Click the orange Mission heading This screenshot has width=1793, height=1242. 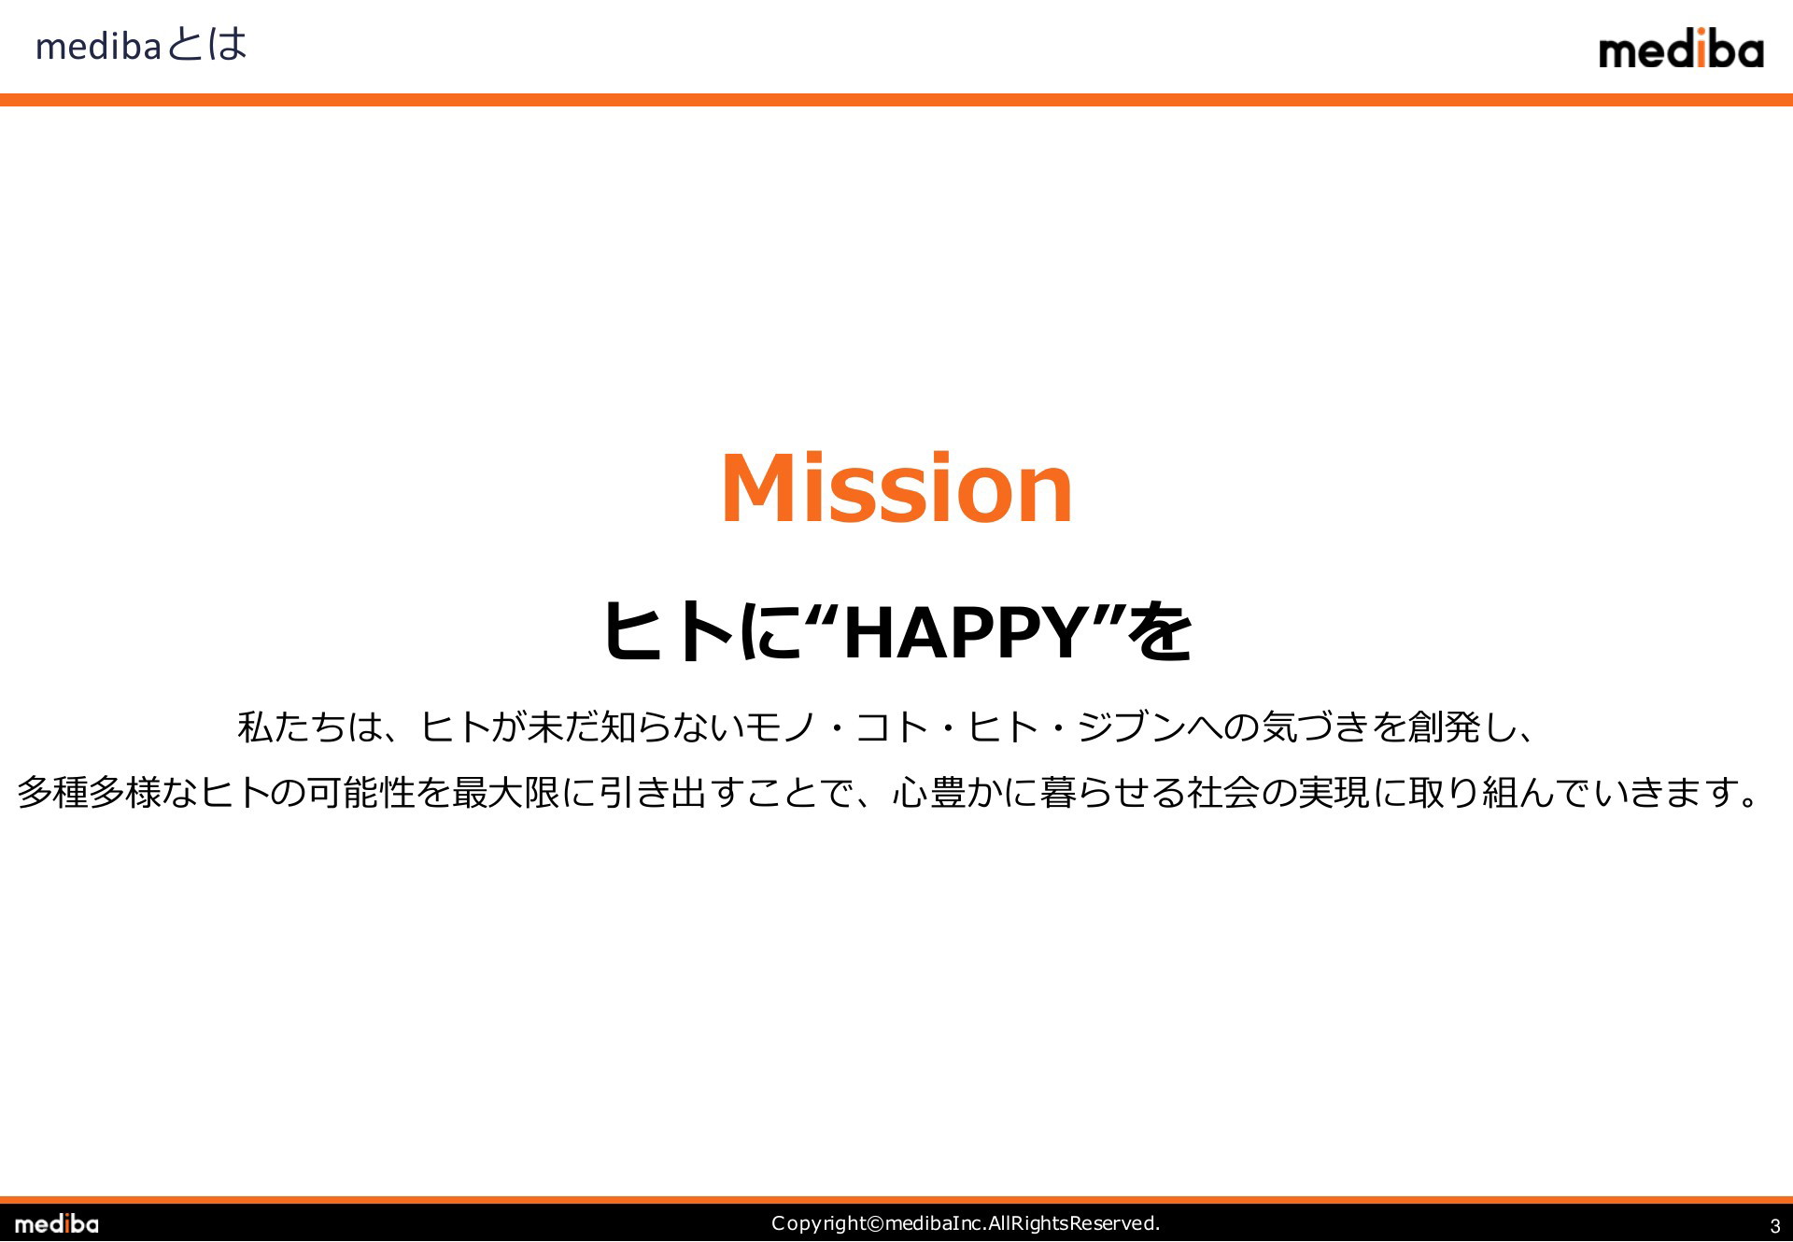(896, 487)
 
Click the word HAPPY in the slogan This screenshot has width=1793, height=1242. (963, 632)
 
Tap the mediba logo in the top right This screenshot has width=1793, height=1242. (1681, 49)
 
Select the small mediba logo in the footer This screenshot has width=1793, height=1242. (56, 1223)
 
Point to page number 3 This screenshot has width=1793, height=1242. (1775, 1226)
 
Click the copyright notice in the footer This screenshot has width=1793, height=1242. (966, 1223)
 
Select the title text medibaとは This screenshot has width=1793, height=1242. (141, 45)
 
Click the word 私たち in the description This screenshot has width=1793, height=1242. (291, 727)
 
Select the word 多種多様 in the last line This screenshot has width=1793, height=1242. (89, 793)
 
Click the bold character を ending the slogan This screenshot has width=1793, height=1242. (1160, 632)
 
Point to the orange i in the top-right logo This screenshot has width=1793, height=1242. (1701, 49)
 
